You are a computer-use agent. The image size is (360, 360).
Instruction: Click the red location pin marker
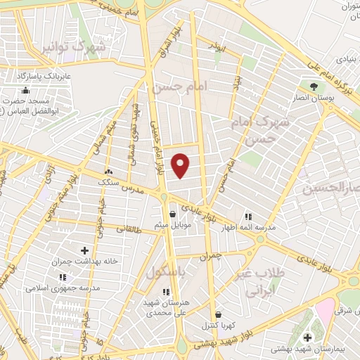click(x=181, y=165)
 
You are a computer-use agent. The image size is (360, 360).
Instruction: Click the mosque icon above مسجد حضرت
click(x=26, y=90)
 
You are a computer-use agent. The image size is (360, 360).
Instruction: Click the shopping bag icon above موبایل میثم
click(x=172, y=215)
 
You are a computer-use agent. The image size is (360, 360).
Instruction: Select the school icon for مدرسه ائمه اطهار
click(x=247, y=217)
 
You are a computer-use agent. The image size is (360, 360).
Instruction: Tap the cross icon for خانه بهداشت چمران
click(x=85, y=250)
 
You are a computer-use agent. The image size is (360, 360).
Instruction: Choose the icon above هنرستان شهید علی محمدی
click(x=166, y=291)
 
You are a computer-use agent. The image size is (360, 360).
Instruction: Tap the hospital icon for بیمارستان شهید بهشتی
click(x=307, y=338)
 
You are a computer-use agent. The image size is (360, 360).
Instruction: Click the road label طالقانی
click(x=128, y=229)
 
